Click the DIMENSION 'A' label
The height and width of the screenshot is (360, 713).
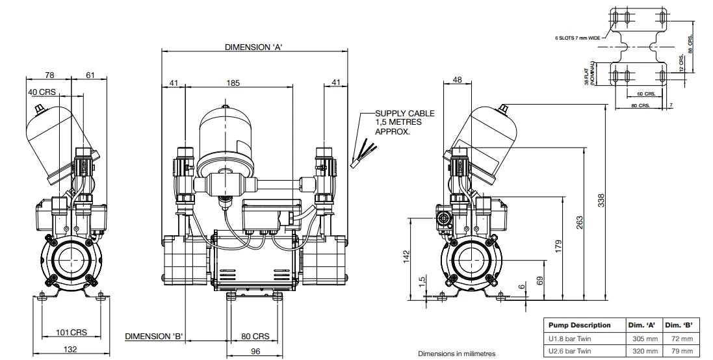(x=252, y=47)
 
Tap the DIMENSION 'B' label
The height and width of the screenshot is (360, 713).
(x=153, y=336)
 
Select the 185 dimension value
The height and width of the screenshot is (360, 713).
(x=233, y=83)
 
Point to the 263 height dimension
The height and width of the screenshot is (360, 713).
(x=579, y=222)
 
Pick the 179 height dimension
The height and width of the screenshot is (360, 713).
(x=556, y=246)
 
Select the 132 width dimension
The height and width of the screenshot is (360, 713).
(x=70, y=350)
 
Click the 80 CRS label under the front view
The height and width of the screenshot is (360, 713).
(x=255, y=337)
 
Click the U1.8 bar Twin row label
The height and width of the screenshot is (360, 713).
(x=570, y=339)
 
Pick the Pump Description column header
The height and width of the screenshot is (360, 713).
(x=580, y=325)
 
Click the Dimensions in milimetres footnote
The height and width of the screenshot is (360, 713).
(x=456, y=354)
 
